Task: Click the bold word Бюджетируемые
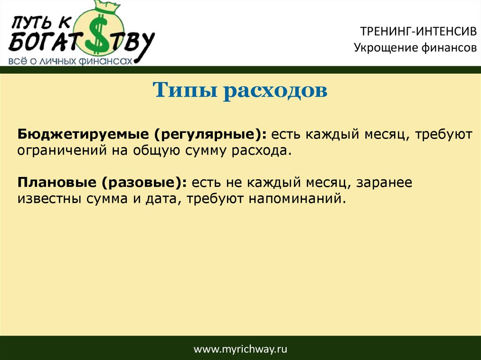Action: [x=83, y=135]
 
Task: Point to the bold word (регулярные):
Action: [x=210, y=135]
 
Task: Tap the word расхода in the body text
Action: [x=261, y=151]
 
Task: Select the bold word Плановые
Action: [x=57, y=183]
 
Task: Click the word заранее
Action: [x=384, y=183]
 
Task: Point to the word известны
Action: [x=49, y=199]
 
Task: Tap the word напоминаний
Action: [x=297, y=199]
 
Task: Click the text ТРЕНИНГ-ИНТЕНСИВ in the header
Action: [x=419, y=31]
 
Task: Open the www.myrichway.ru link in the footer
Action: [x=240, y=349]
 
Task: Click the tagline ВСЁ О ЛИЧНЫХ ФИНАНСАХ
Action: [x=70, y=61]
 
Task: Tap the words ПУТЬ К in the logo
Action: [x=41, y=23]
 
